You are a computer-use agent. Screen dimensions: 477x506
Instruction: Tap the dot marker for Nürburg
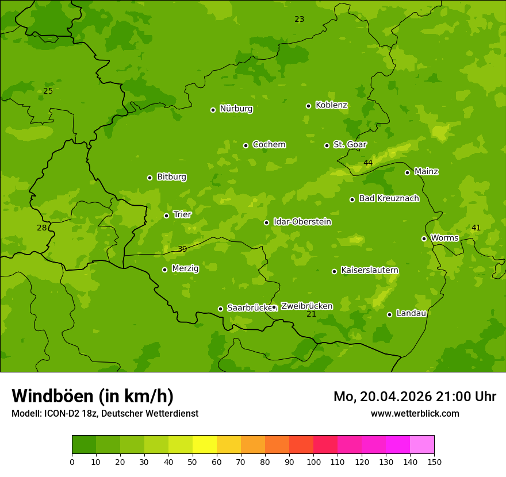213,110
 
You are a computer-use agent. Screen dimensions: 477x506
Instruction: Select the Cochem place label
269,145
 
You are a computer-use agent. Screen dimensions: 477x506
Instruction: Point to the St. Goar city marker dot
327,145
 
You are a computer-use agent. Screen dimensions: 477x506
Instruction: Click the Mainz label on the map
426,171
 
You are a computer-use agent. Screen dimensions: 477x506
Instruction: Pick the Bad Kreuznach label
389,198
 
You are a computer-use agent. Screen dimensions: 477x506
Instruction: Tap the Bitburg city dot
149,178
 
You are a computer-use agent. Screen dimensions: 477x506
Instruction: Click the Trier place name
182,214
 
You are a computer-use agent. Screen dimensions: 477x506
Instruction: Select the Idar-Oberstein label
302,222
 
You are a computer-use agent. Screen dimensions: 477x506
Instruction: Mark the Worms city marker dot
424,238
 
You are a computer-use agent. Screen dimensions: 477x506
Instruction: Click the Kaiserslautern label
370,270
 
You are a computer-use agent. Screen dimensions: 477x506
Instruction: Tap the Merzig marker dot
164,270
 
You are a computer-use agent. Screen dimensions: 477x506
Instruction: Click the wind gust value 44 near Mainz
368,163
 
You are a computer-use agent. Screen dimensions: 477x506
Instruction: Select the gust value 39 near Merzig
182,249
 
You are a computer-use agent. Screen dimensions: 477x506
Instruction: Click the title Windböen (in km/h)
93,396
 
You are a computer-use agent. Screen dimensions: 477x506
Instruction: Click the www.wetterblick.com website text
415,413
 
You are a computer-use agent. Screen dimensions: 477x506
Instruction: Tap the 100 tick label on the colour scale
313,461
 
